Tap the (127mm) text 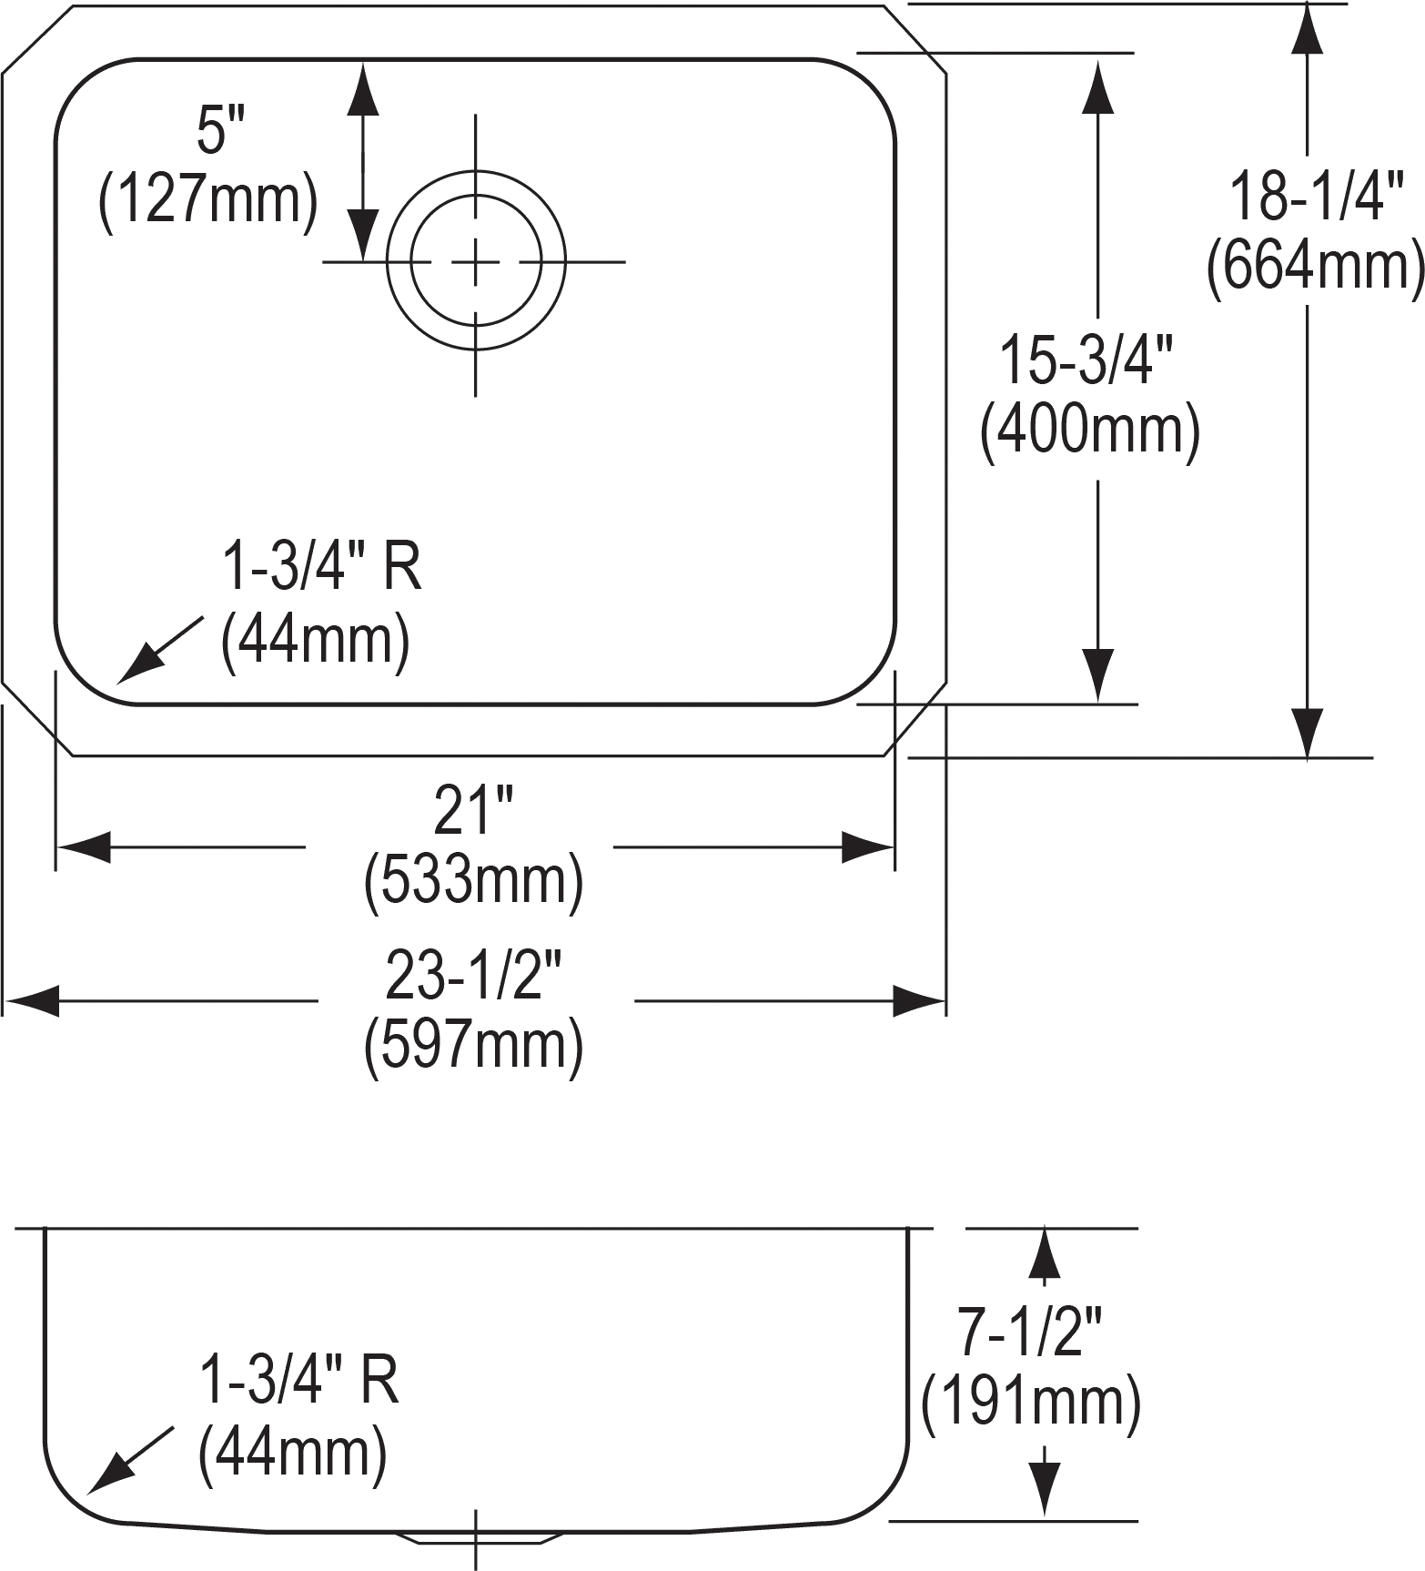[x=208, y=201]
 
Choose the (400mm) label [x=1089, y=431]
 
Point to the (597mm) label [x=473, y=1046]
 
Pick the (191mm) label [x=1031, y=1402]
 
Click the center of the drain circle [x=475, y=262]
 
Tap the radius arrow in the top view [x=160, y=649]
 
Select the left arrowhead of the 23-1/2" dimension [x=31, y=1001]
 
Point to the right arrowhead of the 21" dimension [x=867, y=847]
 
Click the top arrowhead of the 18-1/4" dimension [x=1308, y=30]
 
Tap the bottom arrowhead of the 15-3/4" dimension [x=1098, y=675]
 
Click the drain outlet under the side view [x=476, y=1536]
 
